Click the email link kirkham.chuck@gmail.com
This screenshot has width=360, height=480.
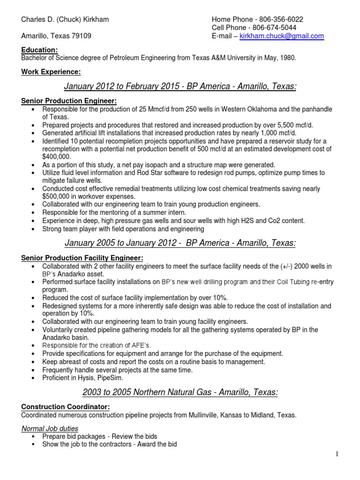pos(282,36)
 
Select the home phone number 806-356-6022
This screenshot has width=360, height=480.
pos(280,19)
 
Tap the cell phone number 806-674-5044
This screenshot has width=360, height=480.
pos(277,28)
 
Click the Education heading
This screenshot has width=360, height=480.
pos(40,50)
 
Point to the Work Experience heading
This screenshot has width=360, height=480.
pos(51,72)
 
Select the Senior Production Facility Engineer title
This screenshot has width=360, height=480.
pos(82,258)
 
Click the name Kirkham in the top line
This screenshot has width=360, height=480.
pos(93,19)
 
